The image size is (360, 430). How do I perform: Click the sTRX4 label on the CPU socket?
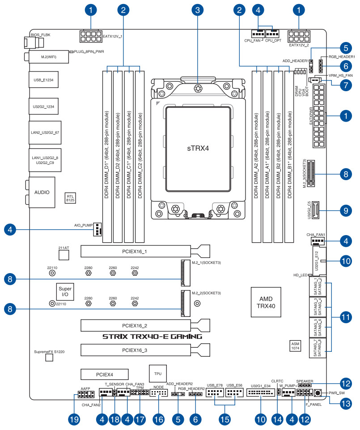[x=197, y=147]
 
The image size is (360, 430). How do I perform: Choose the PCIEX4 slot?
[x=105, y=373]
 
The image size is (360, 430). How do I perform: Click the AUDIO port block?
[x=42, y=192]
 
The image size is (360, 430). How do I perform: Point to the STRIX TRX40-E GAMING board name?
[x=152, y=336]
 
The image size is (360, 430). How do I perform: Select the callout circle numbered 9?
[x=345, y=209]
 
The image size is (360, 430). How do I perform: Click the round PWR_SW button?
[x=318, y=393]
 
